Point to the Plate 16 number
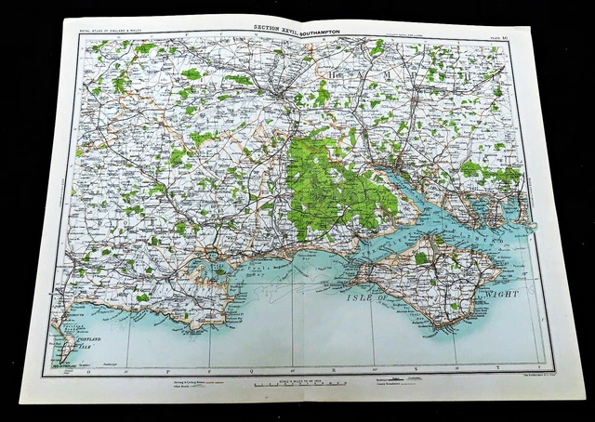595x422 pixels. coord(517,34)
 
